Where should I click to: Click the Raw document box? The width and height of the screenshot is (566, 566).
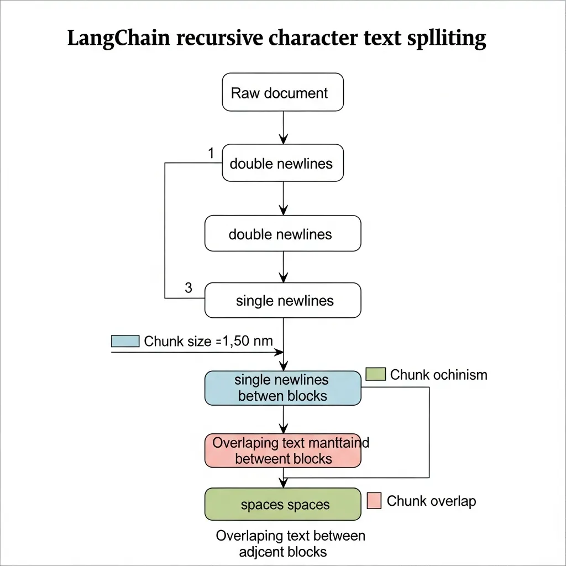[x=282, y=93]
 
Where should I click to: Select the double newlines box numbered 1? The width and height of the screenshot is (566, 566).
[x=282, y=163]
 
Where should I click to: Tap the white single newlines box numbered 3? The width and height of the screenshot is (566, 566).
[x=282, y=301]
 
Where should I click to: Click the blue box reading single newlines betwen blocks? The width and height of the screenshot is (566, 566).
[x=282, y=388]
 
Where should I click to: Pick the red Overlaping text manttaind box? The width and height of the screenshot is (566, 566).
[x=282, y=450]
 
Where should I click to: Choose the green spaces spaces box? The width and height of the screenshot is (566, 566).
[x=282, y=505]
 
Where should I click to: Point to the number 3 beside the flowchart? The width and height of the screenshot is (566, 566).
[x=188, y=287]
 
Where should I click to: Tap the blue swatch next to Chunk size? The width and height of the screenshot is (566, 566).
[x=125, y=341]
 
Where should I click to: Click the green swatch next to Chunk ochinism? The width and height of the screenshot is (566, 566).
[x=375, y=374]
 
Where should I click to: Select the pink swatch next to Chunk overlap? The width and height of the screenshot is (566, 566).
[x=374, y=501]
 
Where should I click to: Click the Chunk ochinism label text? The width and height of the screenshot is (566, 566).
[x=438, y=375]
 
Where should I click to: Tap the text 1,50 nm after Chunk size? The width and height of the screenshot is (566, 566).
[x=247, y=341]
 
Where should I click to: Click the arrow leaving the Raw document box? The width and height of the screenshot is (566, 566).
[x=283, y=127]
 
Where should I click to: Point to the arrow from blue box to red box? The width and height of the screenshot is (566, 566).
[x=283, y=419]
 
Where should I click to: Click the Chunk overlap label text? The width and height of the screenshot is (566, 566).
[x=431, y=501]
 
